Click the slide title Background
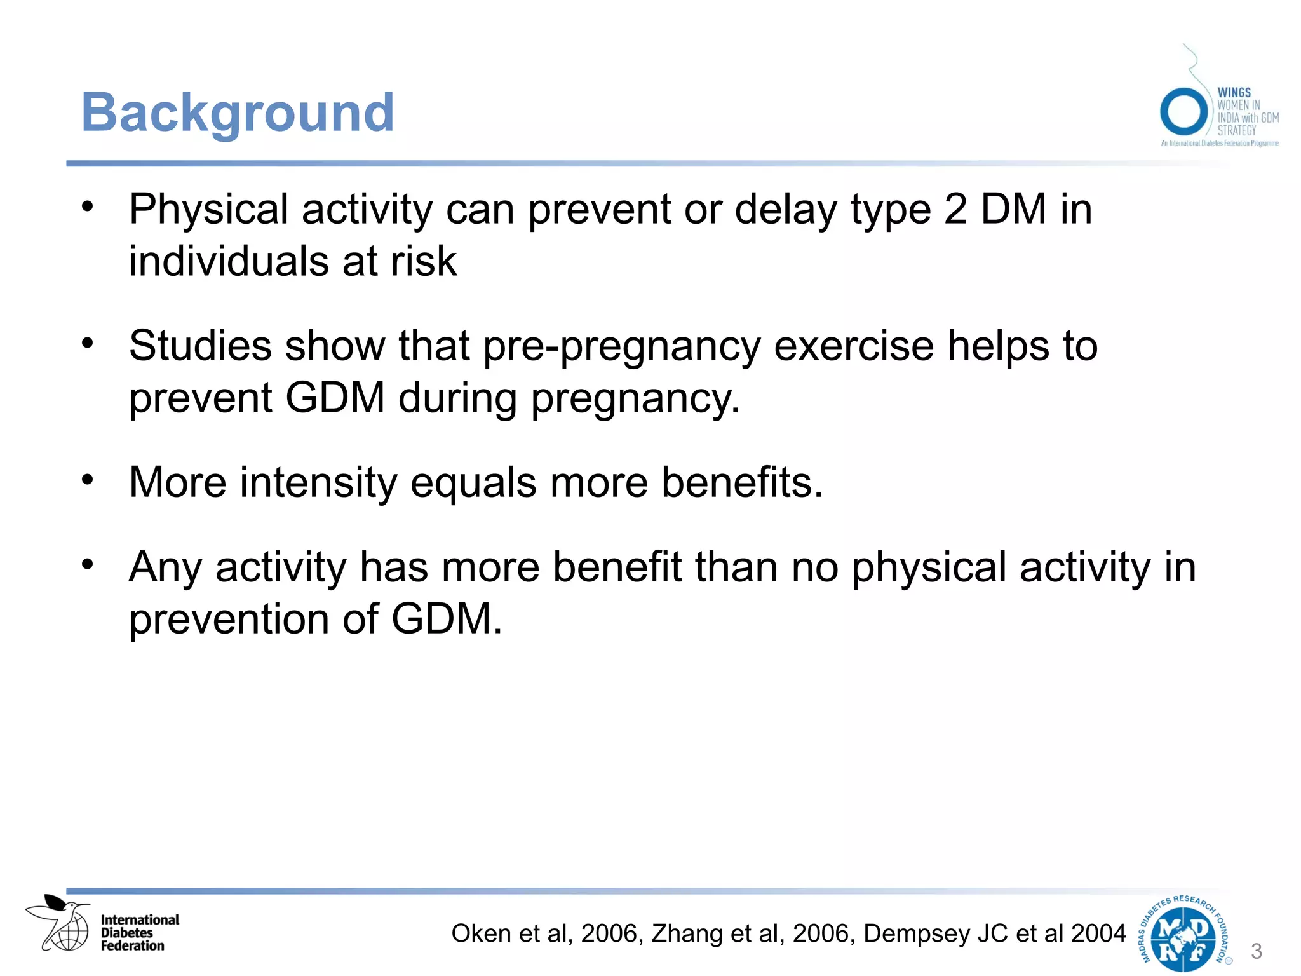click(238, 113)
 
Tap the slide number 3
click(1256, 951)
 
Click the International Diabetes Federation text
click(140, 933)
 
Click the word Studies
click(200, 346)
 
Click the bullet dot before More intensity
click(88, 479)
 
